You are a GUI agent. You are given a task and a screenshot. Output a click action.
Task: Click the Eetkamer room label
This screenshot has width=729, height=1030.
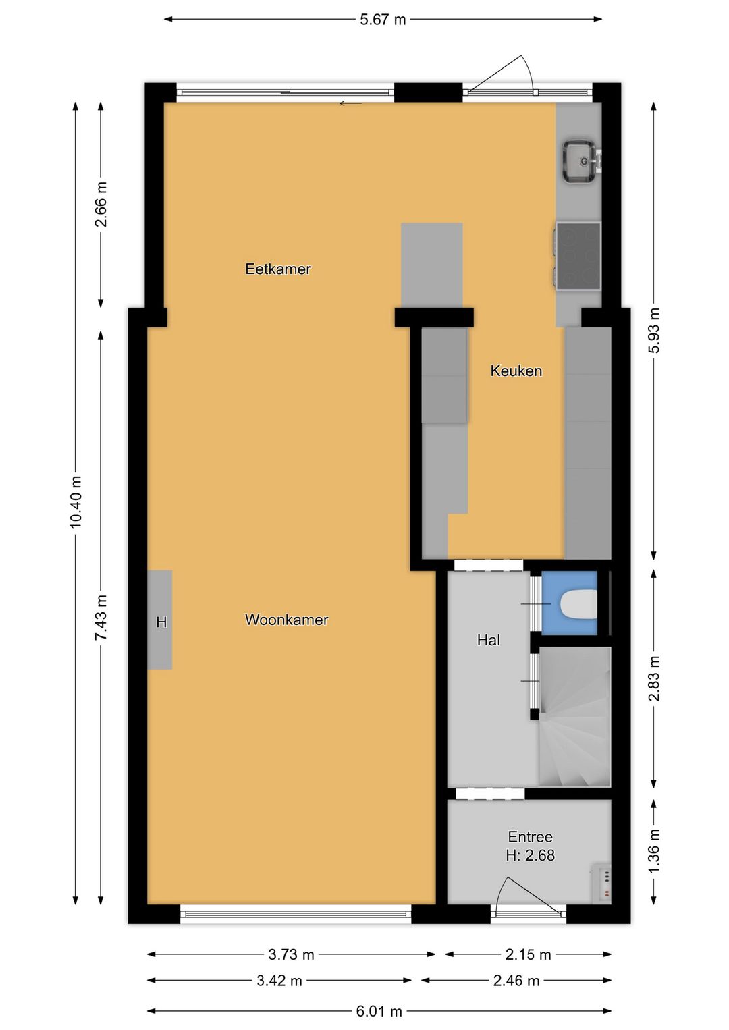coord(277,269)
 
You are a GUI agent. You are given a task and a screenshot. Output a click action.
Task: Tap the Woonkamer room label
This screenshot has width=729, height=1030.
coord(286,620)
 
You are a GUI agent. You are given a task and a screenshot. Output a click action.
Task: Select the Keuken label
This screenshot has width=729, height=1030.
coord(516,371)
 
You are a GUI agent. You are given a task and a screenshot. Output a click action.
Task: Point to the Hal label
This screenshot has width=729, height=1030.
coord(488,640)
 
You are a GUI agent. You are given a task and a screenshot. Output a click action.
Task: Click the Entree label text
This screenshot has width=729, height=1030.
coord(530,837)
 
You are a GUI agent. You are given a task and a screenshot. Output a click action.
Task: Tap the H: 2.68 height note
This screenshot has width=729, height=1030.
coord(530,855)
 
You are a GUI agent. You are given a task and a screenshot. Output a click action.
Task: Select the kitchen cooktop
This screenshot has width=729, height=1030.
coord(578,256)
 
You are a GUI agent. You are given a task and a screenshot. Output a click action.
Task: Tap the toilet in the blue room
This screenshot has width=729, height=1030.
coord(578,604)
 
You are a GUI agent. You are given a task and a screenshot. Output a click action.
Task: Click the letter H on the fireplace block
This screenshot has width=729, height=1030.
coord(161,622)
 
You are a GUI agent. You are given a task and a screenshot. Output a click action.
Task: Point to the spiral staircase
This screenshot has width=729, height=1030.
coord(574,718)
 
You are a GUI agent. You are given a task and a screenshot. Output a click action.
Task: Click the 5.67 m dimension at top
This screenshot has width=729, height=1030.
coord(383,20)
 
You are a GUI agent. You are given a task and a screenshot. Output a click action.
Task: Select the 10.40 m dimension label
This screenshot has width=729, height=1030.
coord(76,502)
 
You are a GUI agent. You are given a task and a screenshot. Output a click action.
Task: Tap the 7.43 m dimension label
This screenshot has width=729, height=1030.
coord(101,618)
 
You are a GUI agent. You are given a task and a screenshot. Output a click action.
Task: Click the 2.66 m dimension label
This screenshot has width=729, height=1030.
coord(101,205)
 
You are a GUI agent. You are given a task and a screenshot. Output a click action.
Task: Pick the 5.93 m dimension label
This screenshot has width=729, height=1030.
coord(653,330)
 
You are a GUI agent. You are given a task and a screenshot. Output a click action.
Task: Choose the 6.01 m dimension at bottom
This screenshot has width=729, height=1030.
coord(379,1011)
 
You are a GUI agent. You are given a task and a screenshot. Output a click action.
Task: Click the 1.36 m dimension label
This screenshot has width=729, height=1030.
coord(653,850)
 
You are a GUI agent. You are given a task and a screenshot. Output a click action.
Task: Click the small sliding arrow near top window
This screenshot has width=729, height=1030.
coord(350,103)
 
